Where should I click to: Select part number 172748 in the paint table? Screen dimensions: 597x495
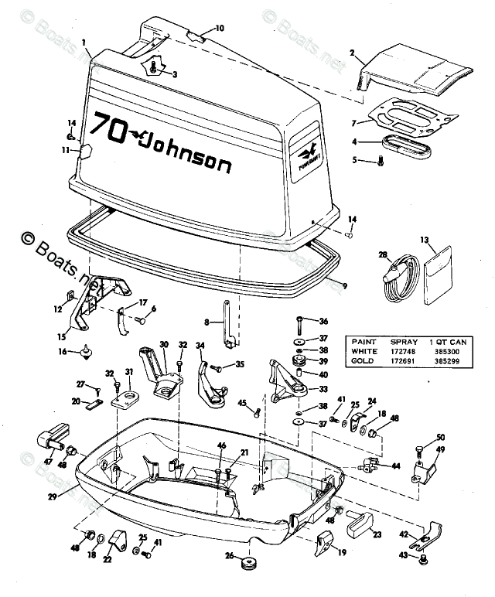coord(413,350)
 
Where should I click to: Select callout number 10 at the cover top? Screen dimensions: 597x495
coord(220,29)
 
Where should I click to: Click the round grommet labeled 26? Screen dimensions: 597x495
coord(250,562)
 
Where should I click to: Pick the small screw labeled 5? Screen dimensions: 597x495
coord(381,161)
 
